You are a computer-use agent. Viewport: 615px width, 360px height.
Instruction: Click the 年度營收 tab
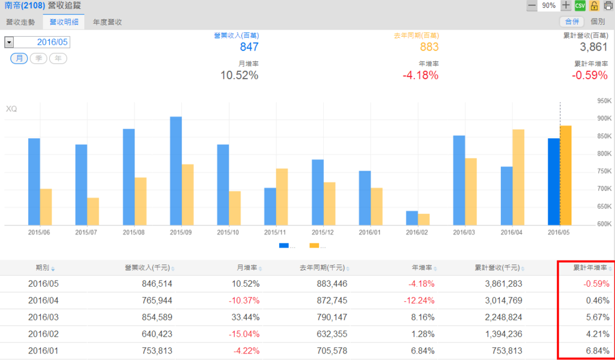click(x=108, y=22)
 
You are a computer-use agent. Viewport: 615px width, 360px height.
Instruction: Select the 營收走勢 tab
click(x=21, y=22)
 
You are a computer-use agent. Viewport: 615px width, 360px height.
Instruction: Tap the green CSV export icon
click(x=580, y=5)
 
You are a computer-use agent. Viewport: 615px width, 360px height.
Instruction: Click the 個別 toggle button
click(x=598, y=22)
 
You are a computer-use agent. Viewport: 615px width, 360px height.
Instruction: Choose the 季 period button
click(x=38, y=58)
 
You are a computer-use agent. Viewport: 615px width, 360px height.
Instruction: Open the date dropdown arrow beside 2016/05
click(x=9, y=42)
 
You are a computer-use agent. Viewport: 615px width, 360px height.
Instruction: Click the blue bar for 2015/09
click(x=176, y=171)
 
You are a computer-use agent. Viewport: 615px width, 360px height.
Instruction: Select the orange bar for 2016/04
click(x=518, y=177)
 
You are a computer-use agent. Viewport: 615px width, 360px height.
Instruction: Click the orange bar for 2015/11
click(x=282, y=197)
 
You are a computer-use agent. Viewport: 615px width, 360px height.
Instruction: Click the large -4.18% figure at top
click(x=420, y=75)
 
